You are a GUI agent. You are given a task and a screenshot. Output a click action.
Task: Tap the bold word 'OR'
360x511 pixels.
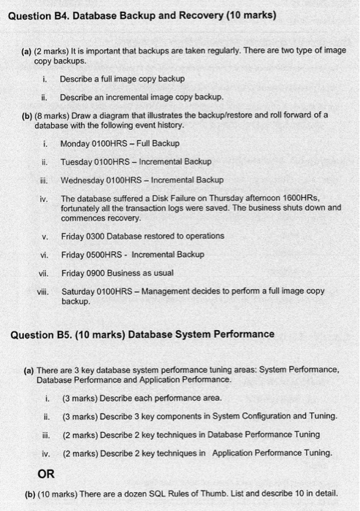pos(46,472)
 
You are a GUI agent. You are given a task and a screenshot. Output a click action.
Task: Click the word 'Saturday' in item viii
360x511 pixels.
pos(79,291)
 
